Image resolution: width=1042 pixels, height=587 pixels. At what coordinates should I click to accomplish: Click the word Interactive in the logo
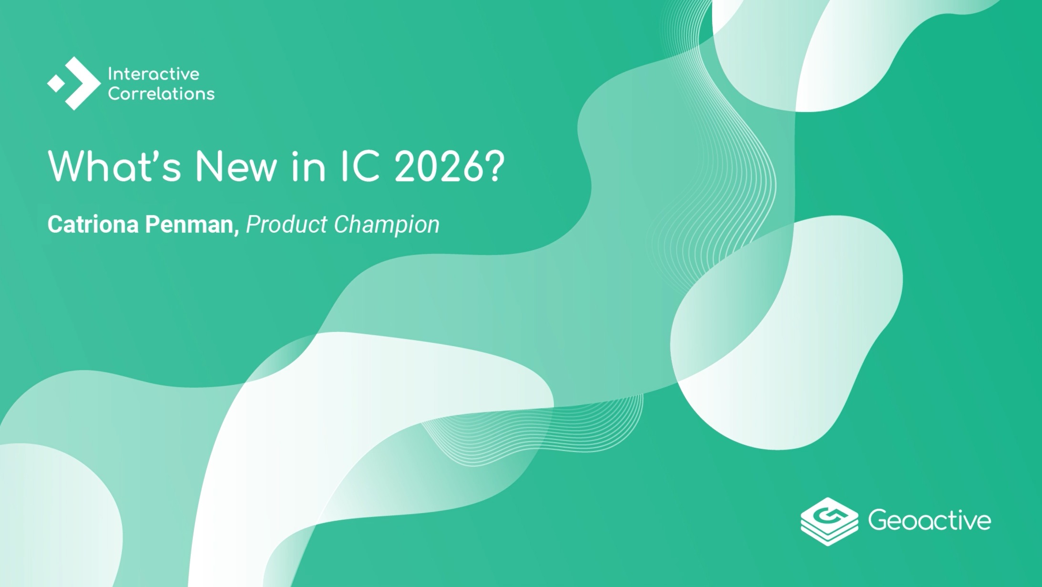click(x=153, y=74)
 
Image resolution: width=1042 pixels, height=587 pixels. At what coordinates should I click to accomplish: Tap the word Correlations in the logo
click(x=161, y=94)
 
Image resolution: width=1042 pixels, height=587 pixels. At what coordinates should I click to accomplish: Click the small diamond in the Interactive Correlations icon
click(x=56, y=83)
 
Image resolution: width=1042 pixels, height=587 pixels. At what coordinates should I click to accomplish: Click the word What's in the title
click(x=114, y=166)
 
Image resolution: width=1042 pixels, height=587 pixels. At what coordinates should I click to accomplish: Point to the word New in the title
click(x=236, y=166)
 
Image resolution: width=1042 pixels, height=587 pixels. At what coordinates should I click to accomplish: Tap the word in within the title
click(x=308, y=166)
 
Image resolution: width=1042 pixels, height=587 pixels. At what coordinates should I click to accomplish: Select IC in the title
click(x=360, y=166)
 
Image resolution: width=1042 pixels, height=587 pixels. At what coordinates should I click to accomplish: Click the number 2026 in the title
click(x=439, y=166)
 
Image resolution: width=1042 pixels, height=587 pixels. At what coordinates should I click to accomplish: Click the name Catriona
click(x=93, y=224)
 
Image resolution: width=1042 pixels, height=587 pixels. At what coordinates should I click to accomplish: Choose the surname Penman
click(x=189, y=224)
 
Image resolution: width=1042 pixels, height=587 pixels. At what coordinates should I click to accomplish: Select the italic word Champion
click(x=387, y=225)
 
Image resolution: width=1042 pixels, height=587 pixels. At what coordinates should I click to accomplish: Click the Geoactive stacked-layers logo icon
click(x=829, y=521)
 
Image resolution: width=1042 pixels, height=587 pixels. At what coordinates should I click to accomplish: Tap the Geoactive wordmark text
click(x=930, y=520)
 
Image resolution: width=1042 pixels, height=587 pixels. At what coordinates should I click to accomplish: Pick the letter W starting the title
click(x=69, y=166)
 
